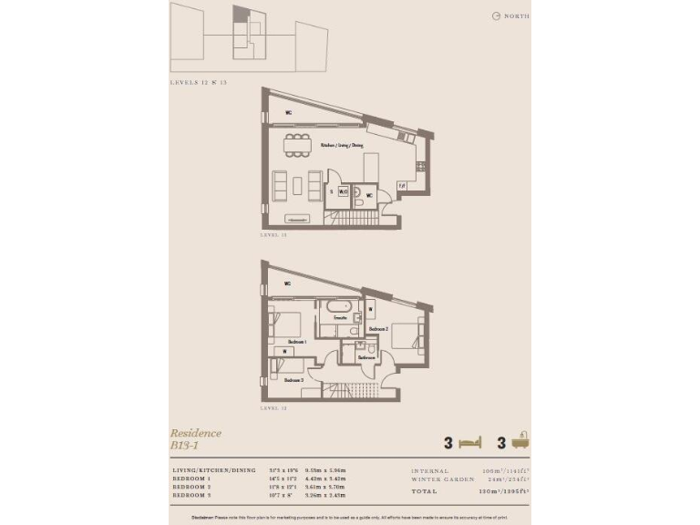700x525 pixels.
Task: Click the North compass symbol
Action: coord(496,15)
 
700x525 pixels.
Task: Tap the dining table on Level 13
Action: coord(296,144)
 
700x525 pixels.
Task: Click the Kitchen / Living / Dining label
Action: coord(341,144)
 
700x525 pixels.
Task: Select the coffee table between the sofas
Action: coord(297,186)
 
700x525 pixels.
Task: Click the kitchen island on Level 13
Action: coord(371,168)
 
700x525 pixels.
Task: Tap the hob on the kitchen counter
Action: coord(420,166)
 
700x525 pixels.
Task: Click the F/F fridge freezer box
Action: coord(402,186)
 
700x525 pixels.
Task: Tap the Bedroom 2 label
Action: coord(379,328)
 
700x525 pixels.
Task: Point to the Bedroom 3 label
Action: coord(293,379)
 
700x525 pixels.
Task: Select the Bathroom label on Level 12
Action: coord(366,357)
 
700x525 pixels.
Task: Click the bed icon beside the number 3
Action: coord(470,443)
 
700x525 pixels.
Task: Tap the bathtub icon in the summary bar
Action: coord(520,442)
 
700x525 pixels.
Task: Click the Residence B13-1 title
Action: coord(195,439)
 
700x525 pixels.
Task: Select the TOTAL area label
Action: coord(425,490)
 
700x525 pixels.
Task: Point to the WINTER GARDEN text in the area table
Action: coord(442,479)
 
